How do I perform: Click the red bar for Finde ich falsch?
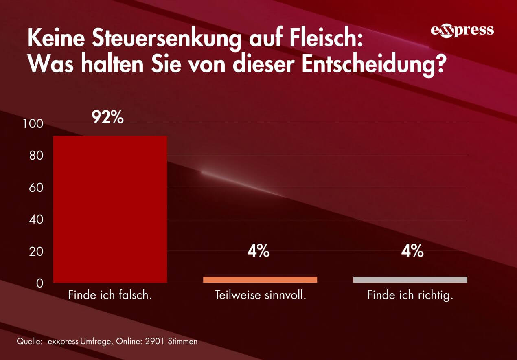(x=110, y=209)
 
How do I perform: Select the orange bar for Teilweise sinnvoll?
(x=260, y=279)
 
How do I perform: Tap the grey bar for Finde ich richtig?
(x=410, y=279)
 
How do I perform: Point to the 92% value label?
(x=107, y=117)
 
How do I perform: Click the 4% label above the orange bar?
(x=258, y=251)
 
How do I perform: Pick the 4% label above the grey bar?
(x=412, y=251)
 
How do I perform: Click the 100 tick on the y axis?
(x=34, y=124)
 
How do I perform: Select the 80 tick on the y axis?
(x=37, y=156)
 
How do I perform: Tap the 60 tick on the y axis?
(x=37, y=187)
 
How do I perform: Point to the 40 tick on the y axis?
(x=37, y=220)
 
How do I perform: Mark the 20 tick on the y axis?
(x=37, y=251)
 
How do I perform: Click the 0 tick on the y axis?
(x=39, y=283)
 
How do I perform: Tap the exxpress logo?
(x=462, y=31)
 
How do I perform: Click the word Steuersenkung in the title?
(x=170, y=40)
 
